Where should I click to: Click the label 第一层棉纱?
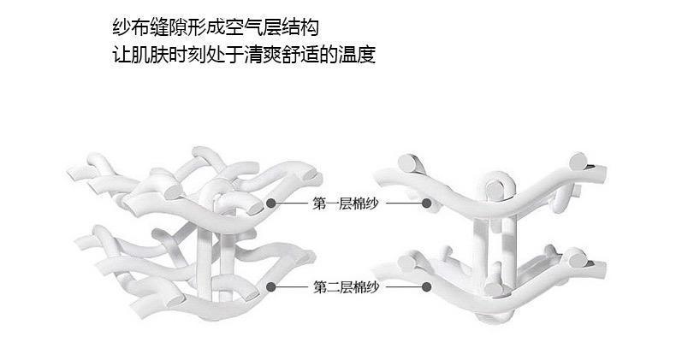click(x=347, y=204)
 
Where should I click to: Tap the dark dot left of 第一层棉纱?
click(x=271, y=204)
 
